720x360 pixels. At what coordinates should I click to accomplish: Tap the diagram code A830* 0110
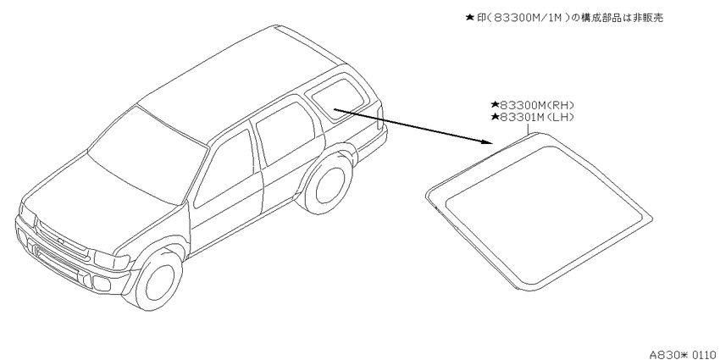click(684, 354)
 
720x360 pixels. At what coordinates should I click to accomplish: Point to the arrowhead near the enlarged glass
click(488, 141)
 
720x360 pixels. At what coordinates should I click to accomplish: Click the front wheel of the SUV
click(158, 279)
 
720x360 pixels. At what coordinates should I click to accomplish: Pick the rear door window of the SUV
click(285, 132)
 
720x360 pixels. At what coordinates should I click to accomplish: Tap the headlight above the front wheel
click(112, 260)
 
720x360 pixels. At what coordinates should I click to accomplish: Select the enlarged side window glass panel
click(540, 212)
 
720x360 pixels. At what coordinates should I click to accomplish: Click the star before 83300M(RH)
click(495, 105)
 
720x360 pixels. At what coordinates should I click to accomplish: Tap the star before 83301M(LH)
click(495, 117)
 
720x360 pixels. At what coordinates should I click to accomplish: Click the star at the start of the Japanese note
click(469, 18)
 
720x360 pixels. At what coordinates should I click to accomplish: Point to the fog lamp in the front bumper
click(102, 284)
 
